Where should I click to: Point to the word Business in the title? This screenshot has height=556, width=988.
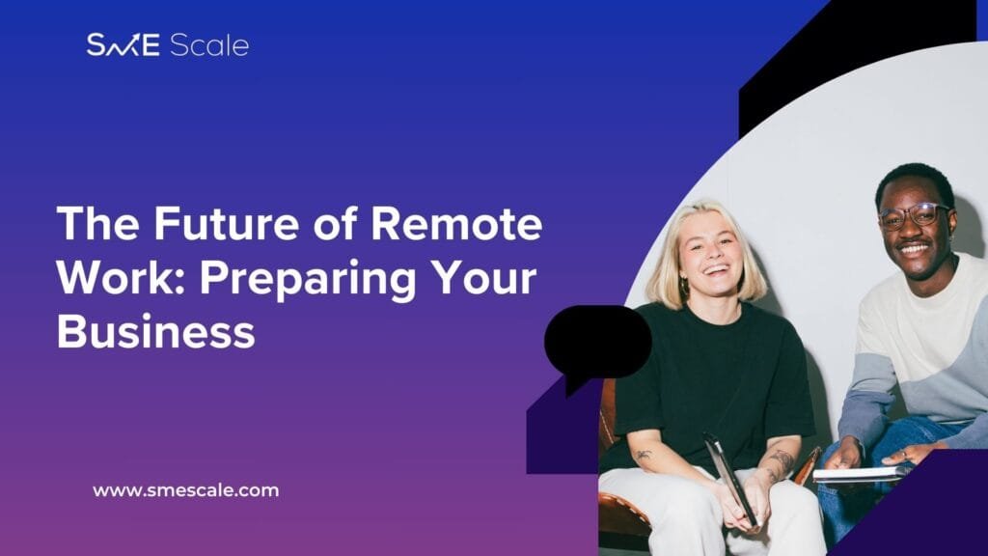tap(156, 332)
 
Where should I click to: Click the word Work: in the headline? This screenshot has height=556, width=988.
tap(122, 277)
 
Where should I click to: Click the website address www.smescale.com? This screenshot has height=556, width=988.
tap(186, 490)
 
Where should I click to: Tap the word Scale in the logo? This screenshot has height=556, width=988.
tap(209, 45)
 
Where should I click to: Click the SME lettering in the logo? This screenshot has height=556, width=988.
tap(123, 44)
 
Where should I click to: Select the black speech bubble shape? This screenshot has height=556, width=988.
tap(597, 344)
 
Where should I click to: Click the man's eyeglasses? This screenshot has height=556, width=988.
tap(916, 215)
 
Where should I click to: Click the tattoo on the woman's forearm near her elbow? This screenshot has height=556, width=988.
tap(644, 455)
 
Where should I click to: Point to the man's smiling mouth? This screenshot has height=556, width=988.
tap(913, 250)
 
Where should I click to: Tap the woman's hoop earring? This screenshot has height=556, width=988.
tap(684, 288)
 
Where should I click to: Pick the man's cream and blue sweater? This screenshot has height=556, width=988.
tap(917, 353)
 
